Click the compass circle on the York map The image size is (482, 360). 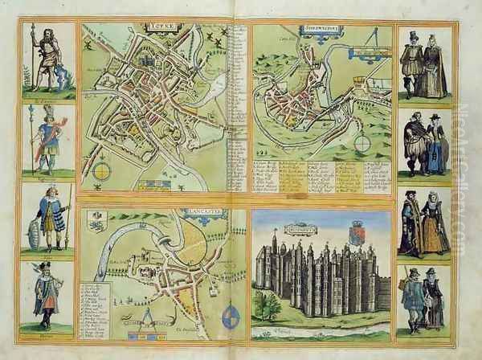103,170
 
